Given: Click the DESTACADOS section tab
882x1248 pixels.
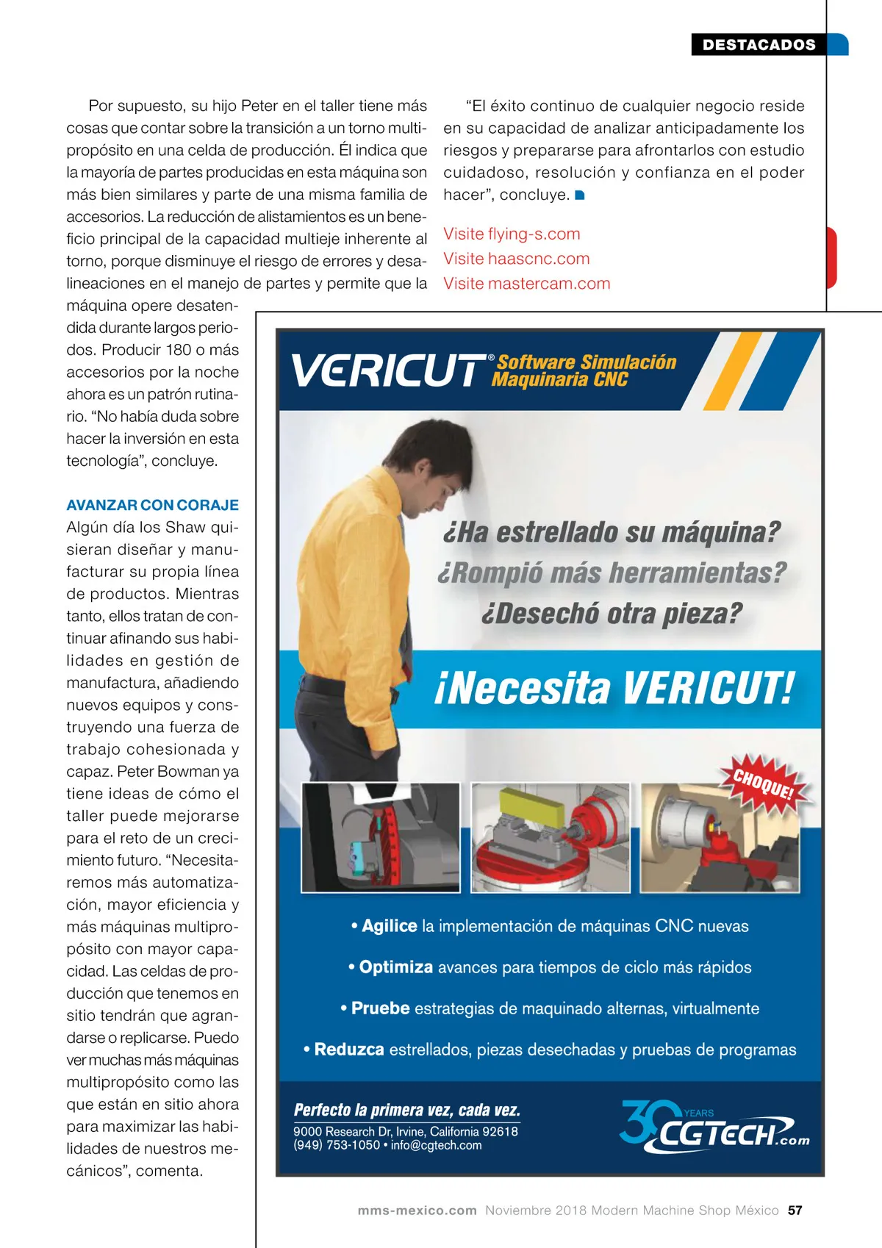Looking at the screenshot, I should click(x=759, y=45).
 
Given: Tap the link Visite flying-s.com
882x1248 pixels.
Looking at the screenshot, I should click(x=512, y=234).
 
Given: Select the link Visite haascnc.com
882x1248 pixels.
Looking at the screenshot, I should click(x=516, y=259).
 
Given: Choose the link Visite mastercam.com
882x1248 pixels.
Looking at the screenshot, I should click(x=526, y=284).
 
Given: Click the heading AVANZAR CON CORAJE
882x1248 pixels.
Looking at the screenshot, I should click(x=152, y=505).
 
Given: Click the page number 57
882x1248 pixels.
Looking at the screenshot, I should click(x=795, y=1211).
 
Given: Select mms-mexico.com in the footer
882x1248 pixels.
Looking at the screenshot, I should click(x=417, y=1211).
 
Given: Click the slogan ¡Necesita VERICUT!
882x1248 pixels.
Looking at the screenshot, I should click(x=614, y=689).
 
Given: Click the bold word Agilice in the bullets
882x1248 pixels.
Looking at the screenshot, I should click(x=389, y=926).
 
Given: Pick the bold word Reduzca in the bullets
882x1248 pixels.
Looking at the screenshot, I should click(x=349, y=1050).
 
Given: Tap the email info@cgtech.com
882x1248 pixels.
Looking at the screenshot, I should click(x=436, y=1145).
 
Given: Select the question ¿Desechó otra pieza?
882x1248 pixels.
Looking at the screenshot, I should click(x=612, y=614).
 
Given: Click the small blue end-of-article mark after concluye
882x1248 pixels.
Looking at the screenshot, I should click(x=579, y=196).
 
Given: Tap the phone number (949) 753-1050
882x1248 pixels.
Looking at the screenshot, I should click(x=337, y=1145).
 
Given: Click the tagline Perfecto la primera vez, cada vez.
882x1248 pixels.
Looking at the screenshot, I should click(x=406, y=1110).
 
